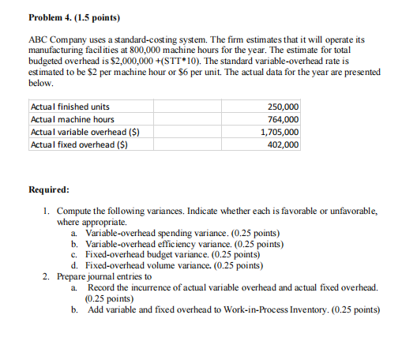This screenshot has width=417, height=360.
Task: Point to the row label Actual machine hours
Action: (71, 120)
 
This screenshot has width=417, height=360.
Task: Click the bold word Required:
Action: (49, 190)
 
